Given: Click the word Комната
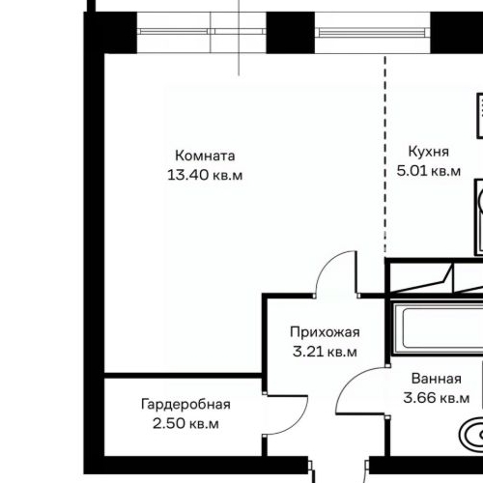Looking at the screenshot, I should point(204,156).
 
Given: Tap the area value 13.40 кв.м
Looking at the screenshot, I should point(204,175).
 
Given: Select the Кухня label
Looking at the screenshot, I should point(428,153).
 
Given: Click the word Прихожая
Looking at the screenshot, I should point(325,332).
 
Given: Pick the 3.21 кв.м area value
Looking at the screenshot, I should point(325,352).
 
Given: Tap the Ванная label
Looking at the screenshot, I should point(435,379).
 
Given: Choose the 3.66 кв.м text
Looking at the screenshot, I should point(436,398).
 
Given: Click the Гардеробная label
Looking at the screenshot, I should point(185,404).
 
